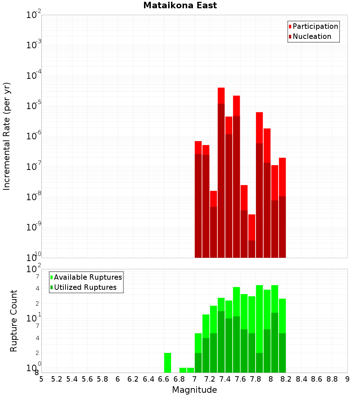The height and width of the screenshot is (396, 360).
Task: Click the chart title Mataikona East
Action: coord(180,6)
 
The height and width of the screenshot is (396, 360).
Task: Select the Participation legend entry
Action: coord(315,26)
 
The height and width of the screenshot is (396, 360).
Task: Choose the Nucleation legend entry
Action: coord(312,36)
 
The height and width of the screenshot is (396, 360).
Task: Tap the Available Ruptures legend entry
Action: coord(88,277)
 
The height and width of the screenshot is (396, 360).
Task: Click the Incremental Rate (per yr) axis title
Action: coord(7,136)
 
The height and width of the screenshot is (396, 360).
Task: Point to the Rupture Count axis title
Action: coord(14,321)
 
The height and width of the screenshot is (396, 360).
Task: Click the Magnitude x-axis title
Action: coord(194,390)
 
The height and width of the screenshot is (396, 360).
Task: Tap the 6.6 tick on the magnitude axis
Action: coord(164,379)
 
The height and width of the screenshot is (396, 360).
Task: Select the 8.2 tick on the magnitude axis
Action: coord(286,379)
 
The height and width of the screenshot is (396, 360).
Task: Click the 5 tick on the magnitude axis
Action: coord(41,379)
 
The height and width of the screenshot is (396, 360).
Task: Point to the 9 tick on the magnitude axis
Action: coord(347,379)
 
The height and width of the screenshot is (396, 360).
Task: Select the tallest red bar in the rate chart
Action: coord(221,173)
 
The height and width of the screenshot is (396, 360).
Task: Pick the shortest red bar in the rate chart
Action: coord(252,236)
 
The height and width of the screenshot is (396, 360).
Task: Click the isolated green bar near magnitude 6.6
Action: coord(167,363)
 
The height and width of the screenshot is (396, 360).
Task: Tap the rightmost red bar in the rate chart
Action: coord(282,207)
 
